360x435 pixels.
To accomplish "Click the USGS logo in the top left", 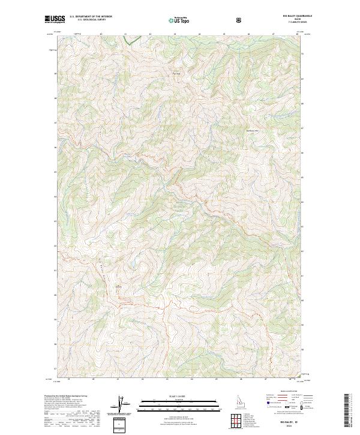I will [54, 20].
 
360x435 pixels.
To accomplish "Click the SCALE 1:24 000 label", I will [172, 395].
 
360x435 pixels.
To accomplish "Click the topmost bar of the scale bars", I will [172, 400].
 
